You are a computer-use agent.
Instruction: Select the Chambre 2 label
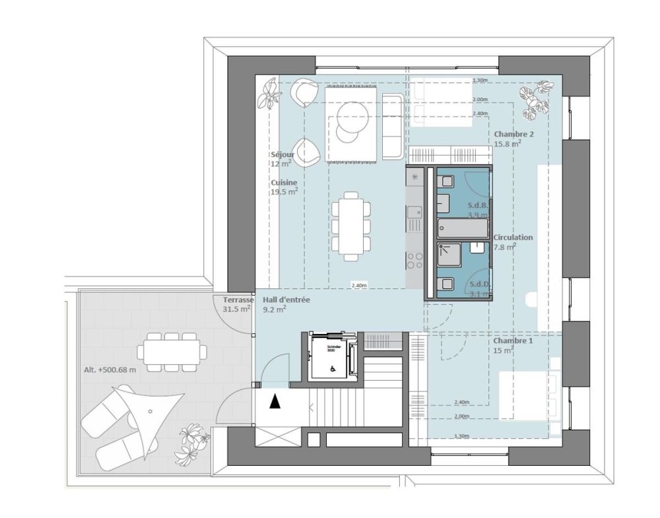513,134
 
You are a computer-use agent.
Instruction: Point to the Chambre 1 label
513,340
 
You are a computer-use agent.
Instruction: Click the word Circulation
513,237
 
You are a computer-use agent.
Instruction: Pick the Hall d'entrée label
286,300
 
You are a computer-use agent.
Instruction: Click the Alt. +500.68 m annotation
110,370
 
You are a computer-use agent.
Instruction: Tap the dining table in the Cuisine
350,222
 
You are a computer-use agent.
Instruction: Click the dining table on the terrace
171,350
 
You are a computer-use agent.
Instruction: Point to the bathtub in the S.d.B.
462,228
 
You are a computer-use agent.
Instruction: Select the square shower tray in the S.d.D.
451,254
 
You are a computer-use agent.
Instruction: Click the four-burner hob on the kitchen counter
416,261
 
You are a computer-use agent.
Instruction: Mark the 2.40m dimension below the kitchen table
358,286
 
